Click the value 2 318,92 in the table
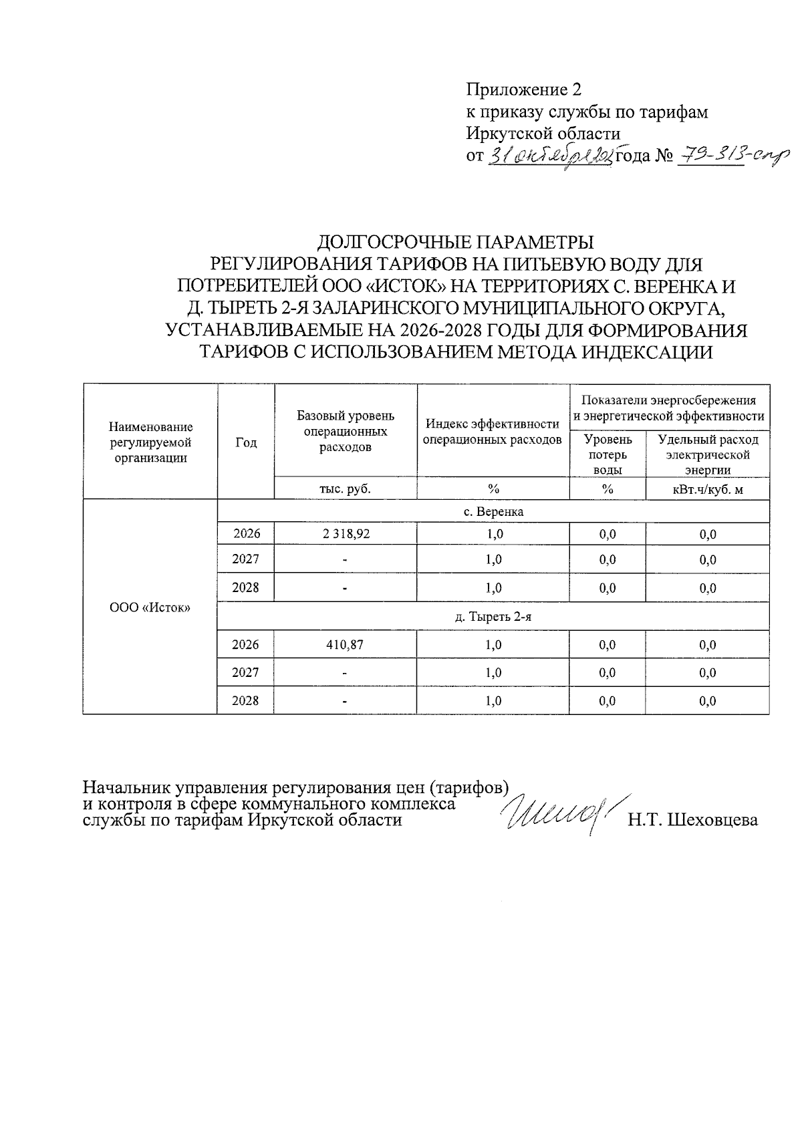click(x=345, y=534)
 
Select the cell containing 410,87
click(x=345, y=645)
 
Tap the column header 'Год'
click(x=246, y=442)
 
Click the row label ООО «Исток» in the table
click(x=150, y=607)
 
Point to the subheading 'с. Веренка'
click(x=493, y=512)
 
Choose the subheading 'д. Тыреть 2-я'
click(x=493, y=617)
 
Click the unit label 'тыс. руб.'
click(x=345, y=488)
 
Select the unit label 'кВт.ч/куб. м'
click(x=708, y=488)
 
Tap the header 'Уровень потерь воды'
click(x=608, y=454)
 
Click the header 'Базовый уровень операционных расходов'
click(x=345, y=431)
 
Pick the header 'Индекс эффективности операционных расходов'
click(x=493, y=432)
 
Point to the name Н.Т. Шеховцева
click(x=692, y=820)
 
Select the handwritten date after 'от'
click(x=551, y=157)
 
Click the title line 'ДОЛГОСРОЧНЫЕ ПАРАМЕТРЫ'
click(x=455, y=241)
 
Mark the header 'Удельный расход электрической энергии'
click(x=708, y=454)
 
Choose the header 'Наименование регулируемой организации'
click(x=150, y=442)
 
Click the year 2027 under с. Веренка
click(x=245, y=559)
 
